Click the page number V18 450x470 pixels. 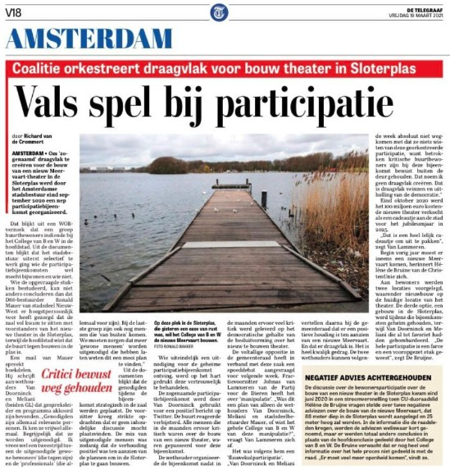[14, 11]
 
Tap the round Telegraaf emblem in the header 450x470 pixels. [221, 12]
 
